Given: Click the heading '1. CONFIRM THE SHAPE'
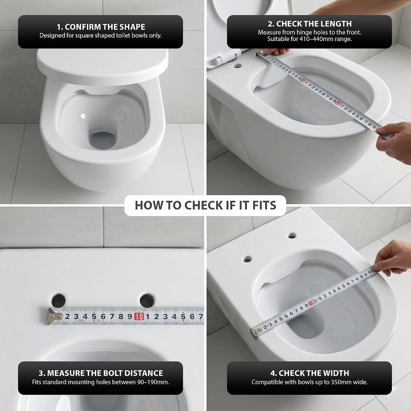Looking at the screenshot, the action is click(x=101, y=27).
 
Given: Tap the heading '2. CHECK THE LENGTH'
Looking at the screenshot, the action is click(x=310, y=24).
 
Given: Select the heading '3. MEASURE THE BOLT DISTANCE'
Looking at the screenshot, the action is click(x=101, y=373).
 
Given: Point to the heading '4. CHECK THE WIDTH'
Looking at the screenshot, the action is click(x=310, y=373).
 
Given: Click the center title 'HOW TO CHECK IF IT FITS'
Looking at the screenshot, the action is click(x=206, y=205).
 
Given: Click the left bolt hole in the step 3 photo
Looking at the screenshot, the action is click(x=59, y=300).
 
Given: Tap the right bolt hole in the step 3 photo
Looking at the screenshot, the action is click(x=147, y=300).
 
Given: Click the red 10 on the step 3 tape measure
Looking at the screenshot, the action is click(x=139, y=317).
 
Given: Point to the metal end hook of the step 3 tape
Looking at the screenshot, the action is click(x=53, y=316).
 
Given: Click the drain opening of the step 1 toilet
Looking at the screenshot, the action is click(x=103, y=141).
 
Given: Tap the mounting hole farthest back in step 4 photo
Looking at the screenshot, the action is click(x=292, y=236).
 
